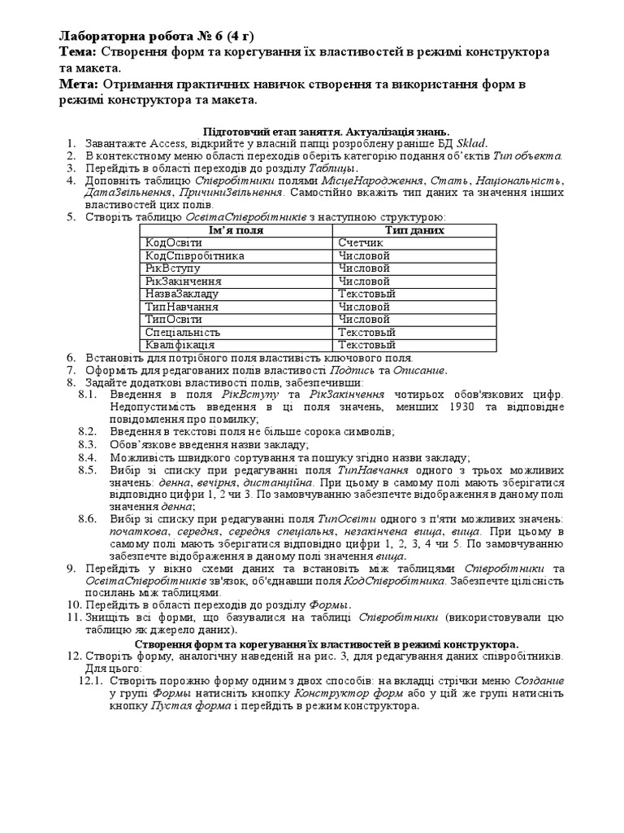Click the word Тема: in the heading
(79, 52)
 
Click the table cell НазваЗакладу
(182, 294)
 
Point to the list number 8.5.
(87, 470)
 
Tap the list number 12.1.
(90, 680)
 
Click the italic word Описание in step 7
(421, 370)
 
